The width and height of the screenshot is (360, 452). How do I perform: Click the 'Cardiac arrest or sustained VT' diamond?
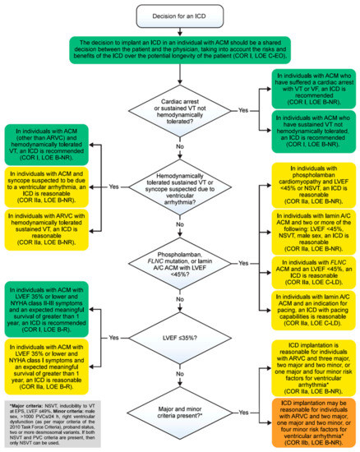pos(179,111)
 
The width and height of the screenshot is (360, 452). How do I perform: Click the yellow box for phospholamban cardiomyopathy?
pos(306,186)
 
